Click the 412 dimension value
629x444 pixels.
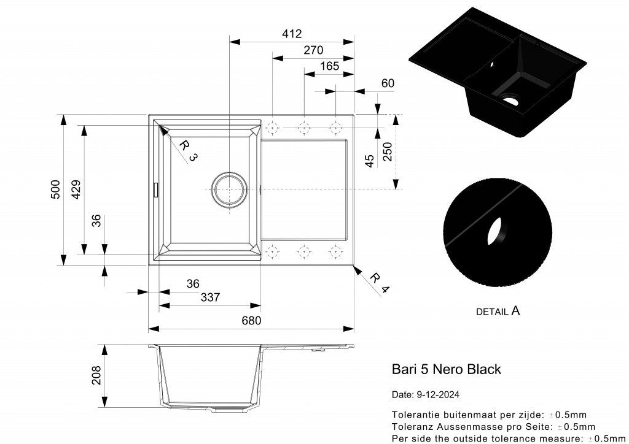click(x=292, y=34)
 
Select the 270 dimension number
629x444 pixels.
click(x=313, y=50)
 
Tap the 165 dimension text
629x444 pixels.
click(x=329, y=66)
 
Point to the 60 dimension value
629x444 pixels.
click(x=387, y=83)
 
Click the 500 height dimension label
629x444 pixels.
click(x=55, y=189)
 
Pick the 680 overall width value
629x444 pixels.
click(x=251, y=320)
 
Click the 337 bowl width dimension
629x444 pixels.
click(x=210, y=297)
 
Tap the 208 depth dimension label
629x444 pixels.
click(x=96, y=376)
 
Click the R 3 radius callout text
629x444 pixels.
click(x=189, y=150)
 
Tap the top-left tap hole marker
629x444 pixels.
click(x=274, y=128)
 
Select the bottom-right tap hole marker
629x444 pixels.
click(x=335, y=251)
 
